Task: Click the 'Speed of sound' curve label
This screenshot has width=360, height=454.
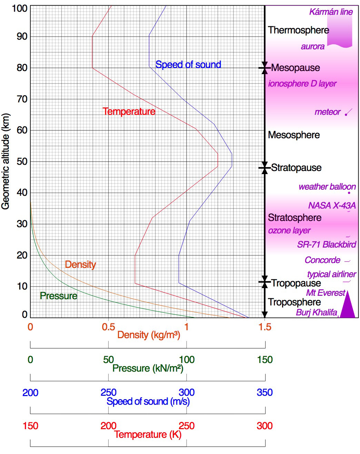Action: pos(188,64)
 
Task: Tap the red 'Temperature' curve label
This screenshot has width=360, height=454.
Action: pos(129,111)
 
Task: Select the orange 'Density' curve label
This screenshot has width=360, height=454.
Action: pos(80,264)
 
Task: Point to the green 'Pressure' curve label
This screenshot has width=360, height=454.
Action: pos(58,296)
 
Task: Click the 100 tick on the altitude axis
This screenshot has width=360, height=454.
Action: pos(20,8)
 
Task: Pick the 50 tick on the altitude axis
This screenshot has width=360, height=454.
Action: pos(22,161)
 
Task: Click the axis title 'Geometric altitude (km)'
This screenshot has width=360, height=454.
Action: pos(6,161)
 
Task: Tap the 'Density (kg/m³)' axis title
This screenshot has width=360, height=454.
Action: pos(149,335)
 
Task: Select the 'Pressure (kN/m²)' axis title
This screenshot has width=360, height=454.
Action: pos(148,368)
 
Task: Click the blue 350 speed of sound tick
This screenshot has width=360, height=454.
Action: pos(264,392)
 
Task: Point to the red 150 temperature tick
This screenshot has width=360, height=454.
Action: pos(30,426)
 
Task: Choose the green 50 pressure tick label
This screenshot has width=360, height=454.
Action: pos(108,360)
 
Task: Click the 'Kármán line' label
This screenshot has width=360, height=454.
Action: pos(331,12)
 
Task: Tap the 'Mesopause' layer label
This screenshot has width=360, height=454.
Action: pos(295,68)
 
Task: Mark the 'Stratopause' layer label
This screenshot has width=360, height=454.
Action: pos(296,168)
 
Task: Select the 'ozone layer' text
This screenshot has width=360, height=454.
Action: pos(289,230)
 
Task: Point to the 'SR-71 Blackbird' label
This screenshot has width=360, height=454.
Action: pos(327,244)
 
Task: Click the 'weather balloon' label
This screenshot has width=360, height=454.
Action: pos(327,186)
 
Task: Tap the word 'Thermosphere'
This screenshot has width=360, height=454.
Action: pos(298,30)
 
